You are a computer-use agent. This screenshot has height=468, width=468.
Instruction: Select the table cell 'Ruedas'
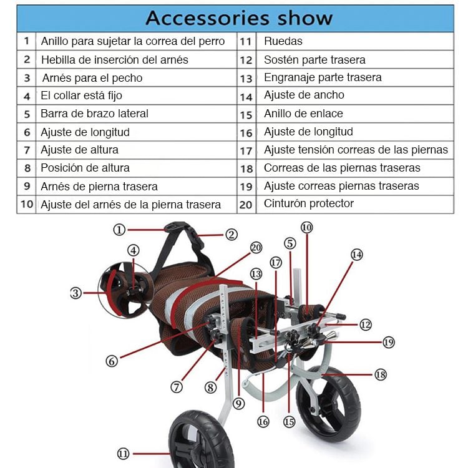[x=283, y=41]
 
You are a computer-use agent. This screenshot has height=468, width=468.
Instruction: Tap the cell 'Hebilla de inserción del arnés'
[x=114, y=60]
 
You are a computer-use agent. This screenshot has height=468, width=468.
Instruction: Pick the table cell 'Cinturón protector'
[x=308, y=203]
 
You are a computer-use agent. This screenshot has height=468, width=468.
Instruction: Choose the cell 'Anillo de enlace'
[x=303, y=114]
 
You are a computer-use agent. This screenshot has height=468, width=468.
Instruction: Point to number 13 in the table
[x=246, y=78]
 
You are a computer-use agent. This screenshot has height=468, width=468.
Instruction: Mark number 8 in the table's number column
[x=27, y=168]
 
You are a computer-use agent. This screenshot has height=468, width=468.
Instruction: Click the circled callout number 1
[x=120, y=229]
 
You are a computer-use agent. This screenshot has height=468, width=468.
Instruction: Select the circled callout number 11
[x=123, y=454]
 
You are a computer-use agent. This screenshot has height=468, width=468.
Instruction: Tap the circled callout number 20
[x=256, y=248]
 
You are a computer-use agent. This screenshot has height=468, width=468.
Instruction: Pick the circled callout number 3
[x=76, y=293]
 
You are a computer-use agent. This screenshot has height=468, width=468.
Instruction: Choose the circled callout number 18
[x=380, y=374]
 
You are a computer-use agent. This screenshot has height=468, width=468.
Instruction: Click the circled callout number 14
[x=356, y=255]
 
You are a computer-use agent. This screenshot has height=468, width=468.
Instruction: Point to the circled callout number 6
[x=112, y=361]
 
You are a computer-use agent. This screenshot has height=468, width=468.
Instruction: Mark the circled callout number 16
[x=263, y=422]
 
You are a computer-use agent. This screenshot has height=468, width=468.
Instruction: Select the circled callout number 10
[x=306, y=228]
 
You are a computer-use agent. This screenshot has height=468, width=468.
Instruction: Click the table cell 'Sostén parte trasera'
[x=314, y=60]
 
